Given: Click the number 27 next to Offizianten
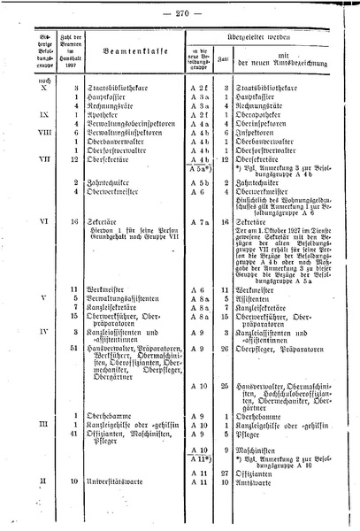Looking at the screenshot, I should [x=226, y=497].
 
